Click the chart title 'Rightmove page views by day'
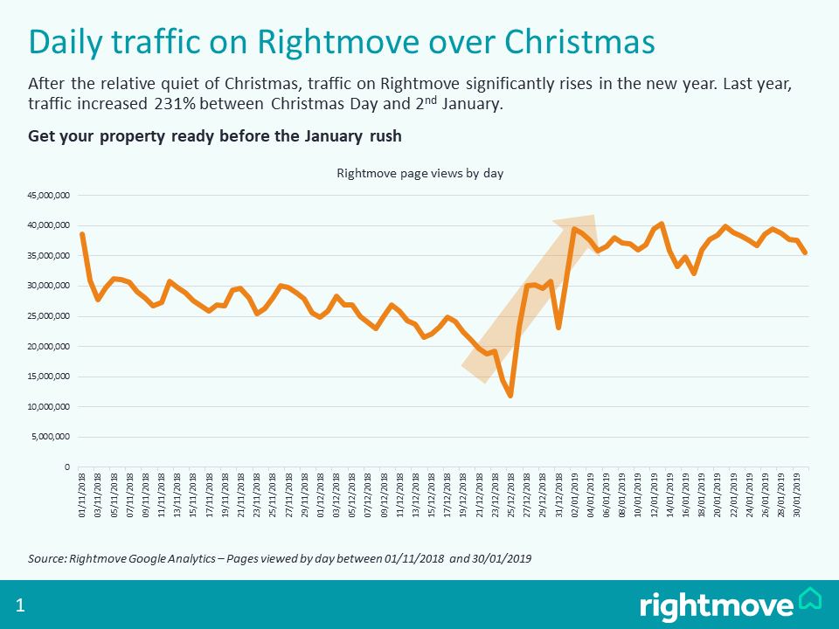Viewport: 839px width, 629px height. point(419,173)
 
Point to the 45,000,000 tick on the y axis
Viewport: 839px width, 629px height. point(49,196)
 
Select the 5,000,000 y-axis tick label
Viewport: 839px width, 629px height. point(51,437)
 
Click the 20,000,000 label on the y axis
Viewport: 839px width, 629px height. point(49,347)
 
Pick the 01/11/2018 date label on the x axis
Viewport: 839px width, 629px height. point(82,497)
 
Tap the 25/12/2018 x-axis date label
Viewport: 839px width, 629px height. point(510,497)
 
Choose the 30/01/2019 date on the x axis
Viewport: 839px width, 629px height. point(797,497)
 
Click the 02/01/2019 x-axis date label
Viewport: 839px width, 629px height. point(574,497)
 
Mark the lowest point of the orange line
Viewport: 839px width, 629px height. point(510,396)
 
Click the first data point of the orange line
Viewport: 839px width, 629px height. point(82,234)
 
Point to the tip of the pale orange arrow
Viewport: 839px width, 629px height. point(593,217)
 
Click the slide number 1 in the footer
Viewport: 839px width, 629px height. point(20,605)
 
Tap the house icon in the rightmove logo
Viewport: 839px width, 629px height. point(810,599)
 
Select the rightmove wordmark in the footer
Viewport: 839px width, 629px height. point(717,605)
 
